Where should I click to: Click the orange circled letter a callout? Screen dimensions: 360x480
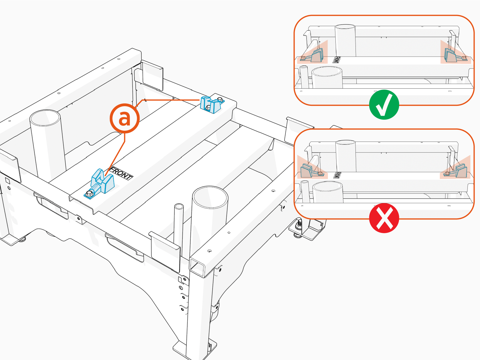click(x=124, y=118)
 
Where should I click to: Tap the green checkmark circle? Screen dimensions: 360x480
click(x=384, y=105)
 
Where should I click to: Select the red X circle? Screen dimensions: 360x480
click(x=384, y=218)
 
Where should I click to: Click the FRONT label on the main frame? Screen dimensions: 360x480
click(x=121, y=174)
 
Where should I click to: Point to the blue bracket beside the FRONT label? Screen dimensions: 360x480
click(x=102, y=182)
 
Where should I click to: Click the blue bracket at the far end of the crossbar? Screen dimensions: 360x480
click(x=211, y=105)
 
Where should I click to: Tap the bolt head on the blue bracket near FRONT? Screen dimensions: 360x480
click(x=89, y=194)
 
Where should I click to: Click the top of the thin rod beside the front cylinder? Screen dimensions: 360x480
click(x=179, y=207)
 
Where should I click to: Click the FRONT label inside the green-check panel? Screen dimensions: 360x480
click(x=336, y=60)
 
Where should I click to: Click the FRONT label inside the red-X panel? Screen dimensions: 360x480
click(x=337, y=175)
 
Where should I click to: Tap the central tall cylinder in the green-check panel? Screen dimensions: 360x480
click(x=345, y=40)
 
